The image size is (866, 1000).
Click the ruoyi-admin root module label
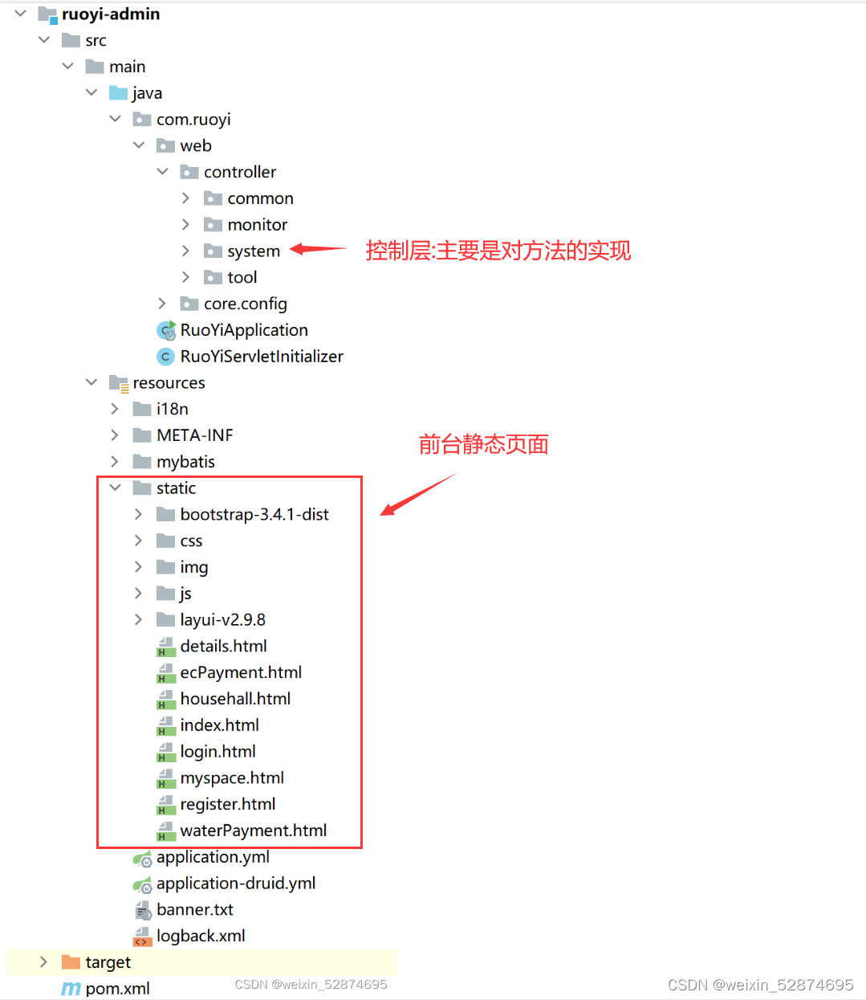pos(110,14)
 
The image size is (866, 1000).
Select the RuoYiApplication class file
pos(243,330)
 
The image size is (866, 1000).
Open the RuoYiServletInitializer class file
pos(261,357)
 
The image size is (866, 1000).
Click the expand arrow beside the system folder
pos(185,251)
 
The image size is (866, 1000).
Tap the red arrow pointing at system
pos(318,250)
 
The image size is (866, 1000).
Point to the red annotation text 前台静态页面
pos(483,444)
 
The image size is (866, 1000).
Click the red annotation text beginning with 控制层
pos(498,251)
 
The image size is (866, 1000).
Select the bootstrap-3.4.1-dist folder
pos(254,515)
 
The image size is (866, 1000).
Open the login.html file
pos(218,752)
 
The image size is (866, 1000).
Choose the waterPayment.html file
pos(253,831)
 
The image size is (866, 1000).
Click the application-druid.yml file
pos(235,884)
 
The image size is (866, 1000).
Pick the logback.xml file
pos(201,936)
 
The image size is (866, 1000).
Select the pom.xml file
pos(117,989)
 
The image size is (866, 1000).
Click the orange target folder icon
pos(71,962)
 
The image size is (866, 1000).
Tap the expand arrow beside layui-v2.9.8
pos(138,620)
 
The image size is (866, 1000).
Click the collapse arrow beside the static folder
pos(115,488)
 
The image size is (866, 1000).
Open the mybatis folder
pos(185,462)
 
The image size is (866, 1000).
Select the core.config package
pos(245,304)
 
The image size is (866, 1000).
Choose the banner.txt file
pos(194,910)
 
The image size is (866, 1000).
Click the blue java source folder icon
pos(119,93)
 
